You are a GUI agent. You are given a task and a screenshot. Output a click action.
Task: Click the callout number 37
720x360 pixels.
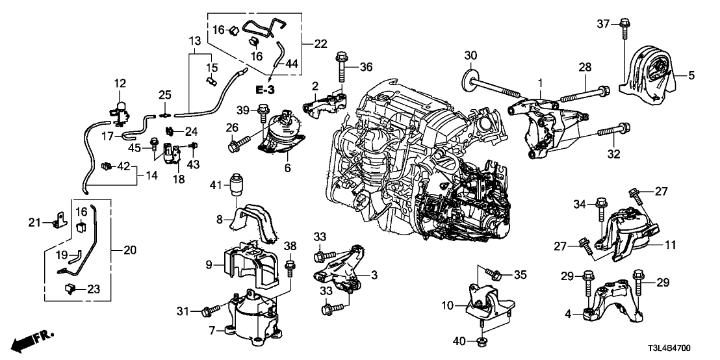click(x=603, y=24)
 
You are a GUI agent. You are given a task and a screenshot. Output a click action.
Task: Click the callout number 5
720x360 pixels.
click(x=691, y=75)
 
